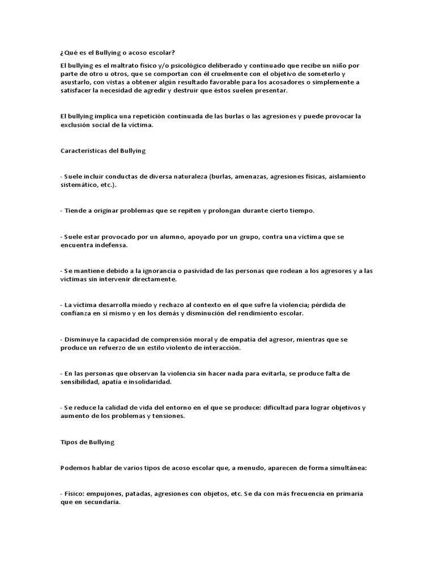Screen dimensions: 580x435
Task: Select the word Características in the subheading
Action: tap(83, 151)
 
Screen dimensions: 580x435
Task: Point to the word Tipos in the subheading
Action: tap(68, 442)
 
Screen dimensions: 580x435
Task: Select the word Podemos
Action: tap(74, 468)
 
